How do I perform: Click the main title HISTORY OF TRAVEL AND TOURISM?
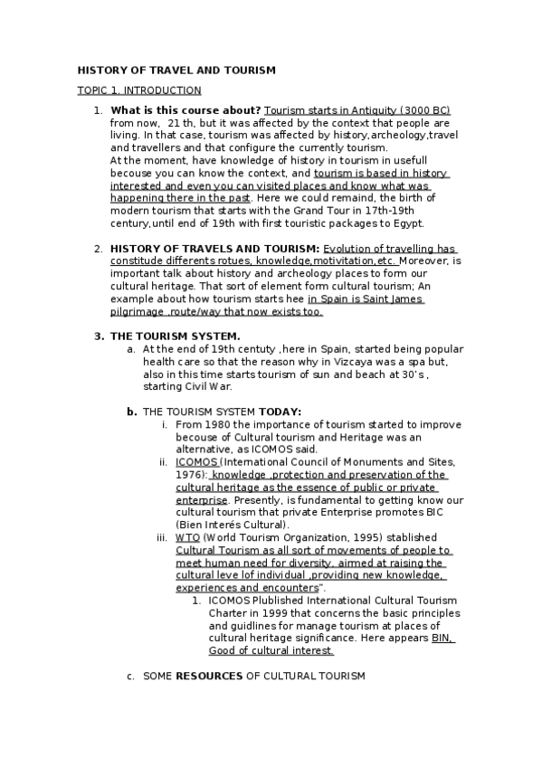click(176, 70)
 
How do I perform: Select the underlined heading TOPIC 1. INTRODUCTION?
click(139, 90)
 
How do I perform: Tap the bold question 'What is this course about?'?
click(185, 109)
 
